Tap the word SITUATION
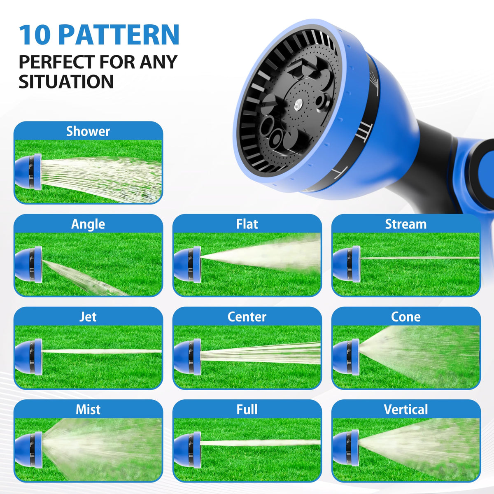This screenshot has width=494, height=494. click(x=66, y=82)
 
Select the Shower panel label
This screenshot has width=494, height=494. click(x=88, y=131)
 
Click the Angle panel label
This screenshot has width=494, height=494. click(x=88, y=224)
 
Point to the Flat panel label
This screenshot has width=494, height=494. click(x=247, y=224)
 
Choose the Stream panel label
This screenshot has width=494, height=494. click(x=406, y=224)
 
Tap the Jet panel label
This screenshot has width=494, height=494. click(x=88, y=317)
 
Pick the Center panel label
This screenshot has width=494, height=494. click(x=247, y=317)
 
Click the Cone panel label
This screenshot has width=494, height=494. click(x=406, y=317)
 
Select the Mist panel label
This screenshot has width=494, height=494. click(x=88, y=409)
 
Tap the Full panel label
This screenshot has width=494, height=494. click(x=247, y=409)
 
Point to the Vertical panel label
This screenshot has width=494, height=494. click(x=406, y=409)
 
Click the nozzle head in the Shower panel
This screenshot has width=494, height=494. click(x=28, y=172)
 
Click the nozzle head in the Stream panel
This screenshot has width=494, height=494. click(x=346, y=264)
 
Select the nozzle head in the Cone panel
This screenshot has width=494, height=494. click(x=346, y=357)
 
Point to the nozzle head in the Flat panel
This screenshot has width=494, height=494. click(x=187, y=264)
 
